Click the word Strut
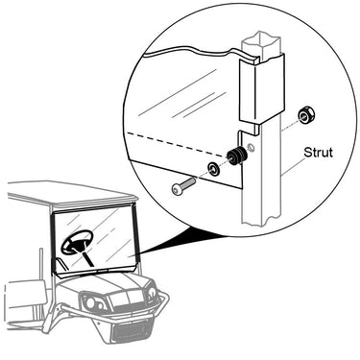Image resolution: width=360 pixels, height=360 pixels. pos(318,153)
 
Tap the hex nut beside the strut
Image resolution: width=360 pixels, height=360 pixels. pos(307,115)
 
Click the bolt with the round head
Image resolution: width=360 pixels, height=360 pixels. pos(183,186)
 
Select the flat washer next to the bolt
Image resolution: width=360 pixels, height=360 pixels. pos(213,168)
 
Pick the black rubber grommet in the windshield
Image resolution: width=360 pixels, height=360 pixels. pos(236,156)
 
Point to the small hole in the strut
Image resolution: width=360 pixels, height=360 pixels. pos(252,148)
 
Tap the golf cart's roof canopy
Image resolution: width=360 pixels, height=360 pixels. pos(72,195)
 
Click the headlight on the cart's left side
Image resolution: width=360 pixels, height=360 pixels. pos(90,302)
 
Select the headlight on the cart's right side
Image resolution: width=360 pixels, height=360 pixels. pos(151,294)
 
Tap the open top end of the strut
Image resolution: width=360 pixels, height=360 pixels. pos(261,39)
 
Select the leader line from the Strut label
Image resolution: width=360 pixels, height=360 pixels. pos(293,166)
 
